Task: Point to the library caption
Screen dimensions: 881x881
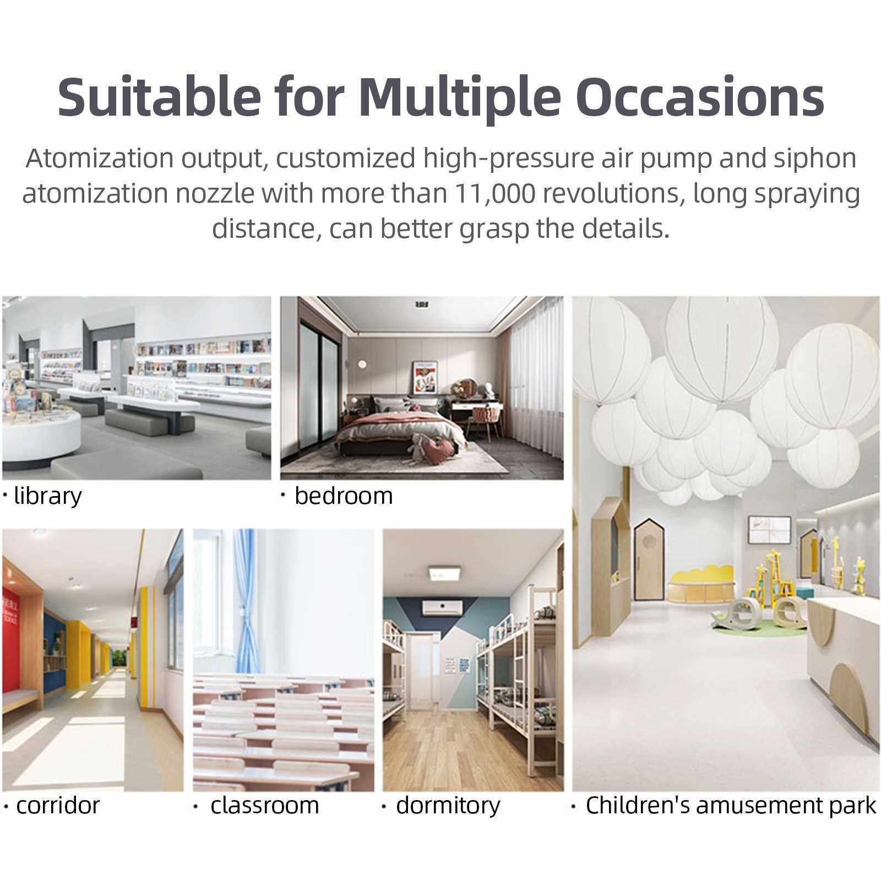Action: pyautogui.click(x=47, y=497)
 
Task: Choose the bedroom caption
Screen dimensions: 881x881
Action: pyautogui.click(x=344, y=496)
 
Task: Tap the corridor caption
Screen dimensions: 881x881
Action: pyautogui.click(x=58, y=806)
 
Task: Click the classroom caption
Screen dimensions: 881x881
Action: pyautogui.click(x=265, y=806)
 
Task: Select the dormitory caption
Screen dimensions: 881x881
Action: pyautogui.click(x=448, y=806)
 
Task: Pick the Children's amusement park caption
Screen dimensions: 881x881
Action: pyautogui.click(x=731, y=806)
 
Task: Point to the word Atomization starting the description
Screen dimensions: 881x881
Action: pyautogui.click(x=101, y=159)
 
